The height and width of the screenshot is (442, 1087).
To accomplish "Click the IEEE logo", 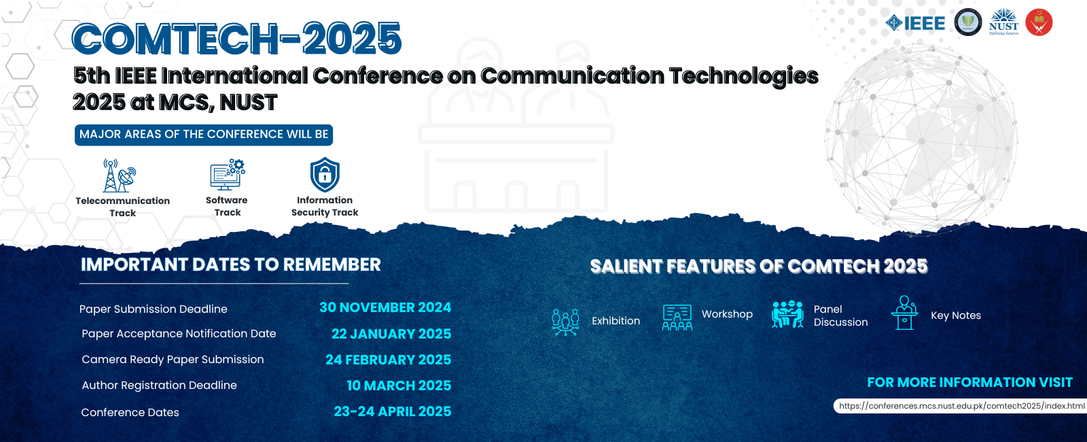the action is point(915,23).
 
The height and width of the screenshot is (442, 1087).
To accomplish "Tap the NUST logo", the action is point(1003,22).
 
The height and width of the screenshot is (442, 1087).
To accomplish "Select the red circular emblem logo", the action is point(1039,22).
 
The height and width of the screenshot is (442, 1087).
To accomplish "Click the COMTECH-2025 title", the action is point(237,38).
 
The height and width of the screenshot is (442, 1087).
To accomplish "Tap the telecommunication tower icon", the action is point(120,175).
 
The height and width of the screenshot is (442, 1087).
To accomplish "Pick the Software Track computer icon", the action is point(228,174).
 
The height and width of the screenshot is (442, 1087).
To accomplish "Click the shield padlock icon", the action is point(325,174).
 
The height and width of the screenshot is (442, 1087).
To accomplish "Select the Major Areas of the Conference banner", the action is point(204,135).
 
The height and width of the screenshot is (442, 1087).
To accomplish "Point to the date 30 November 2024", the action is point(385,307).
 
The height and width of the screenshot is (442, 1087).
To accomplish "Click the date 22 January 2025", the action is point(391,334).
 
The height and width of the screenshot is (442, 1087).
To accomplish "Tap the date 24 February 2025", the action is point(388,360).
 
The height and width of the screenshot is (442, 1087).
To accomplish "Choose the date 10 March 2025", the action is point(399,385).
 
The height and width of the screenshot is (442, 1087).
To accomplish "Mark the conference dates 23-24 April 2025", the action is point(393,411).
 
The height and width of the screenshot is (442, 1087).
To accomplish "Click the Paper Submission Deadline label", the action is point(154,309).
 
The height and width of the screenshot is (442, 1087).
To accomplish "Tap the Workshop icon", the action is point(677,318).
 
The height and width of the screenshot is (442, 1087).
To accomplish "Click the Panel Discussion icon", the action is point(787,313).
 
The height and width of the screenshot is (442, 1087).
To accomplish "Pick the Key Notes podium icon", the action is point(904,313).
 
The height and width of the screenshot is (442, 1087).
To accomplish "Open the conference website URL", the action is point(962,405).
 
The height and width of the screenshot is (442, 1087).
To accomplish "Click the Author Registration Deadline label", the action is point(159,385).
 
